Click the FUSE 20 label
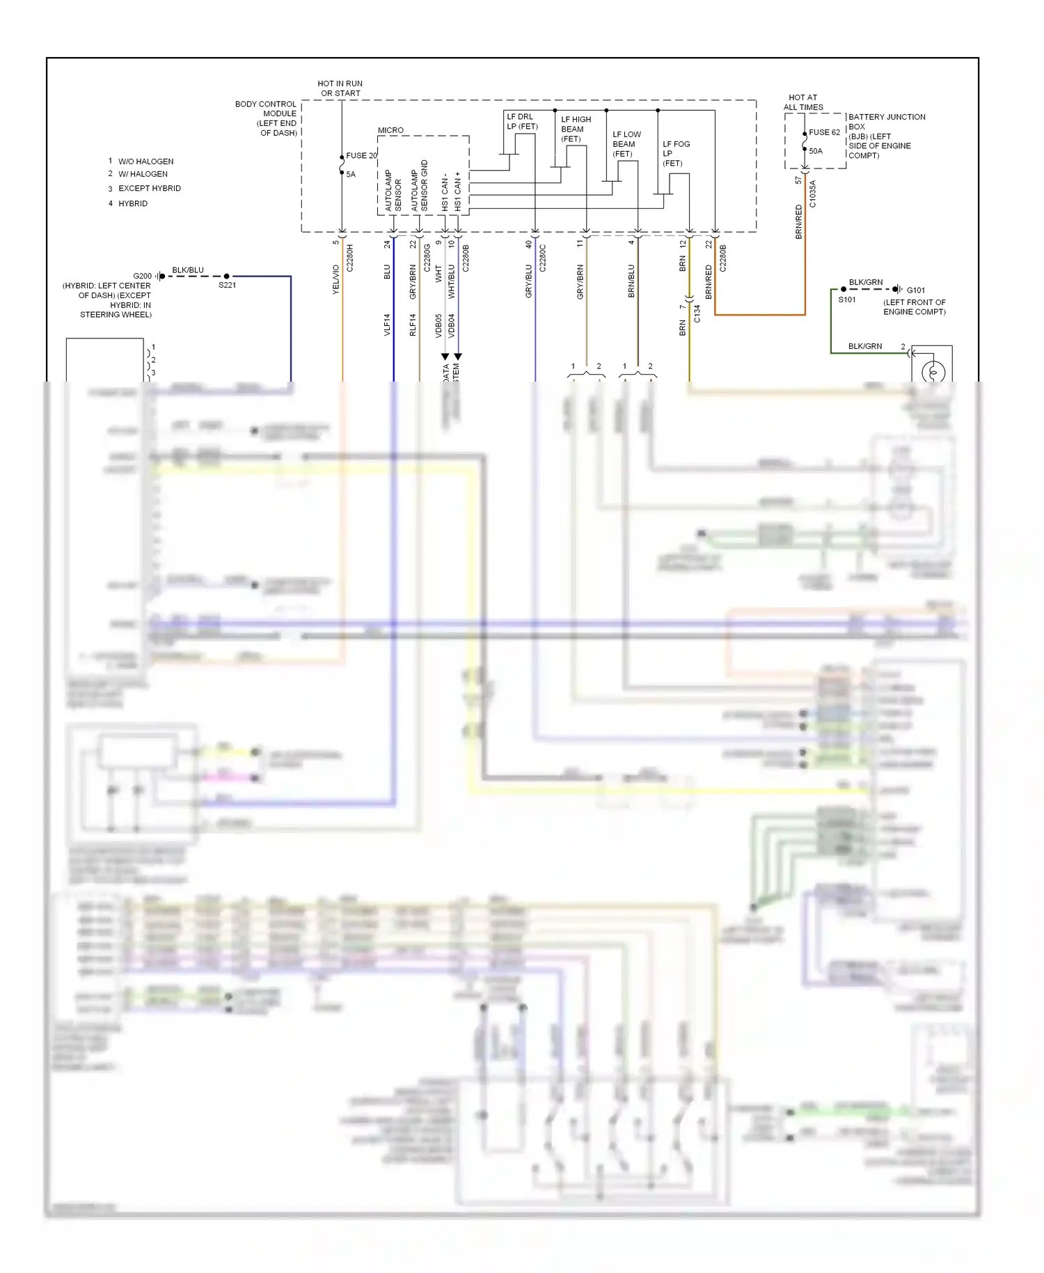pyautogui.click(x=361, y=155)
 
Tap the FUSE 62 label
pyautogui.click(x=824, y=132)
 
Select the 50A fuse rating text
pyautogui.click(x=816, y=151)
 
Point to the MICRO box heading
pyautogui.click(x=390, y=130)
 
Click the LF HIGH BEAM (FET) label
pyautogui.click(x=576, y=129)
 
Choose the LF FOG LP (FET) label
pyautogui.click(x=676, y=153)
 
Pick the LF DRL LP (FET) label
pyautogui.click(x=522, y=121)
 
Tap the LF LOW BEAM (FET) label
pyautogui.click(x=626, y=144)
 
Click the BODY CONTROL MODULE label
pyautogui.click(x=267, y=118)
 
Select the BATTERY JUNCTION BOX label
pyautogui.click(x=886, y=136)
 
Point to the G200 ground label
pyautogui.click(x=142, y=276)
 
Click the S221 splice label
pyautogui.click(x=227, y=286)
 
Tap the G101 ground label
pyautogui.click(x=916, y=290)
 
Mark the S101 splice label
pyautogui.click(x=846, y=299)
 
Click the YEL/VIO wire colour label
pyautogui.click(x=335, y=279)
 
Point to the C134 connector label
pyautogui.click(x=697, y=313)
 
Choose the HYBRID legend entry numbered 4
pyautogui.click(x=132, y=203)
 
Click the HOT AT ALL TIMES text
pyautogui.click(x=803, y=102)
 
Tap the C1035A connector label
pyautogui.click(x=812, y=194)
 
